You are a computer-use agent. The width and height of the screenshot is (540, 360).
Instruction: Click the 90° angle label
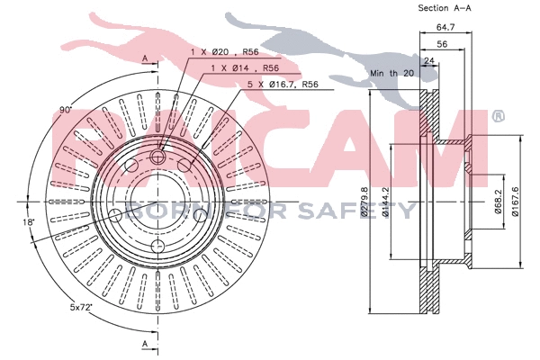65,110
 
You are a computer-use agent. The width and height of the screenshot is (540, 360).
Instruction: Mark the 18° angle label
30,221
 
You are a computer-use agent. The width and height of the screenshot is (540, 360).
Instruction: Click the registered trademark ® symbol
497,116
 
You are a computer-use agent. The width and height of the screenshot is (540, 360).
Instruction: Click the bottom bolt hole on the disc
157,247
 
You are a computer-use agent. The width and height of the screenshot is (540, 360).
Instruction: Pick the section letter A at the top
145,58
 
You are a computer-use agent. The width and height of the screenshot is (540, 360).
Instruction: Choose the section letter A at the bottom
145,344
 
